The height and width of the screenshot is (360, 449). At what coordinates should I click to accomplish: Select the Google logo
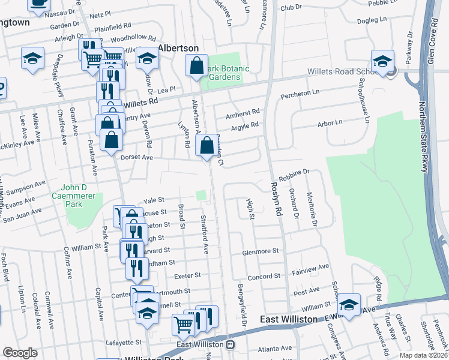(x=20, y=353)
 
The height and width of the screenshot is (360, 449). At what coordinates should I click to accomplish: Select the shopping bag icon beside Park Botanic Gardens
(x=196, y=67)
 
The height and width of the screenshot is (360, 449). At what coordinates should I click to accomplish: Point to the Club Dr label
(x=291, y=7)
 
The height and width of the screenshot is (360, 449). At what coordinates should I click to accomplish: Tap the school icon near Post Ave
(x=349, y=305)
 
